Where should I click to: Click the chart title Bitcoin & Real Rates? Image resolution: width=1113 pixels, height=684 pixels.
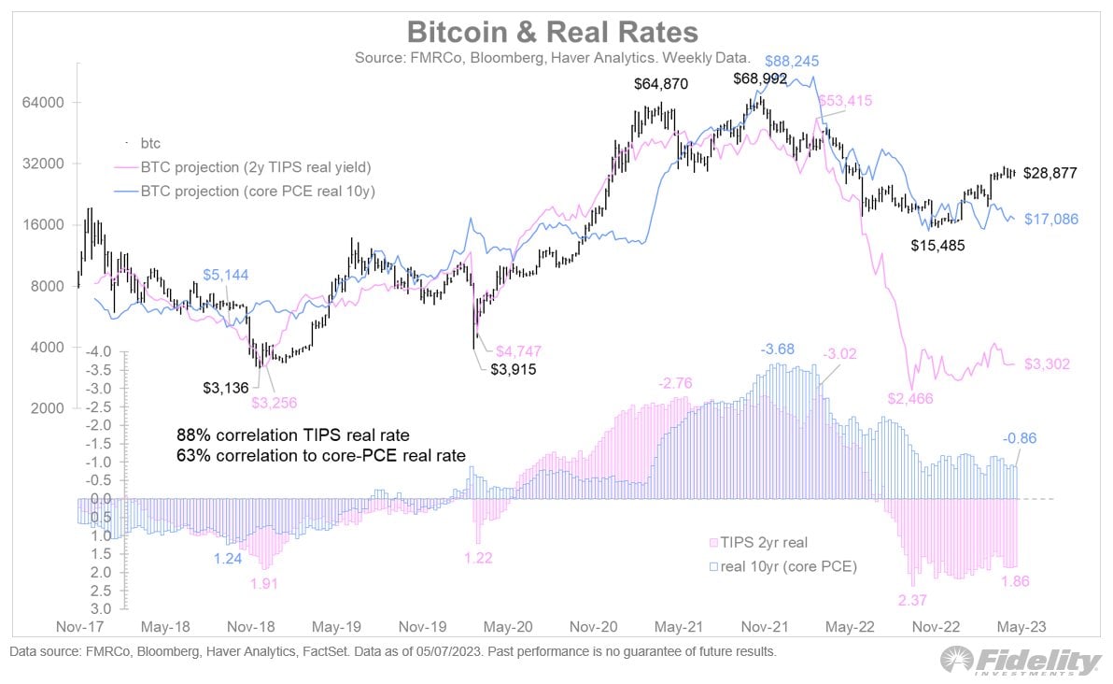(552, 33)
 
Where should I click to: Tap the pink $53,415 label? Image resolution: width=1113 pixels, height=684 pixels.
(844, 101)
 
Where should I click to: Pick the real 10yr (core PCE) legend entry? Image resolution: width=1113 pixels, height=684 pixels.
(782, 566)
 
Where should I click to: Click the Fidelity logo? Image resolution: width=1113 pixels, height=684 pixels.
(1021, 661)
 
